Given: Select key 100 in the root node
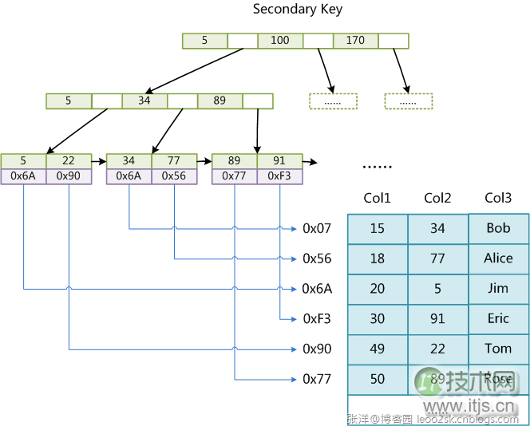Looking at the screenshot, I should (280, 41).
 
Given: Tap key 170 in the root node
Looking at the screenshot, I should (355, 41).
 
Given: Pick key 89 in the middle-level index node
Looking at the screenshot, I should (220, 101).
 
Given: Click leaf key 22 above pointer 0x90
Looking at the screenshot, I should (69, 161).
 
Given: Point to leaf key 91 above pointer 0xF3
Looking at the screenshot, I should (279, 161).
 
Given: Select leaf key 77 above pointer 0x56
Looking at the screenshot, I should (174, 161).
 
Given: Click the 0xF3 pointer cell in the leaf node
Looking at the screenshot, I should (279, 176).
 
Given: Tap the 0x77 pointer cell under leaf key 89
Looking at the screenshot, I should (234, 176).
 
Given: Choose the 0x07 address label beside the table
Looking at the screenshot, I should (316, 229).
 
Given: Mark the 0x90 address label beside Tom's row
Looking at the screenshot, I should (316, 349).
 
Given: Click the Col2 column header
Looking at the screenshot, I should (437, 198).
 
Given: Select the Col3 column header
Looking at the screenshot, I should (498, 198).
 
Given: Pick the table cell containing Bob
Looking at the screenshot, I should (498, 228).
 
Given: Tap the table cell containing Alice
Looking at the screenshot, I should (498, 258).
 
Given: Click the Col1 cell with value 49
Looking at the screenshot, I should (377, 349).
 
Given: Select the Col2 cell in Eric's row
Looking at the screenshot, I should (437, 319).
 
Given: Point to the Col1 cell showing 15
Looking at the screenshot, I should (377, 228).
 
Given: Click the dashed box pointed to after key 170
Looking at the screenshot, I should (408, 101).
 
